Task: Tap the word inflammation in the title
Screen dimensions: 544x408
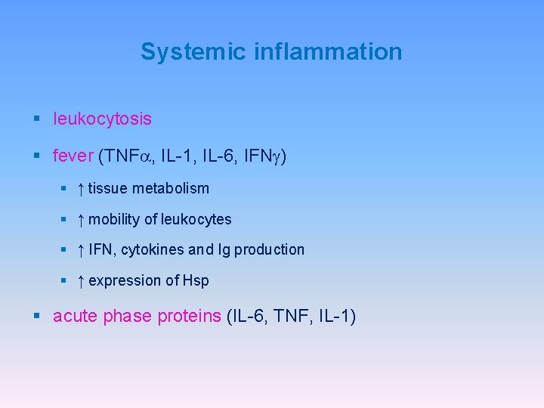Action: point(328,52)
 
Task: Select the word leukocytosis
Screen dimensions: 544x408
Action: point(102,119)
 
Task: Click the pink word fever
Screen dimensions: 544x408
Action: point(73,156)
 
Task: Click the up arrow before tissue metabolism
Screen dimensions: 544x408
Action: point(81,188)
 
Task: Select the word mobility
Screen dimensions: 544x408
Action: point(114,219)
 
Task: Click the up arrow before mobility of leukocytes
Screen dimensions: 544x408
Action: point(81,219)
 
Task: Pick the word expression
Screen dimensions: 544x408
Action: point(123,280)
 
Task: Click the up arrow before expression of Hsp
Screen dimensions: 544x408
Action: point(81,280)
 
